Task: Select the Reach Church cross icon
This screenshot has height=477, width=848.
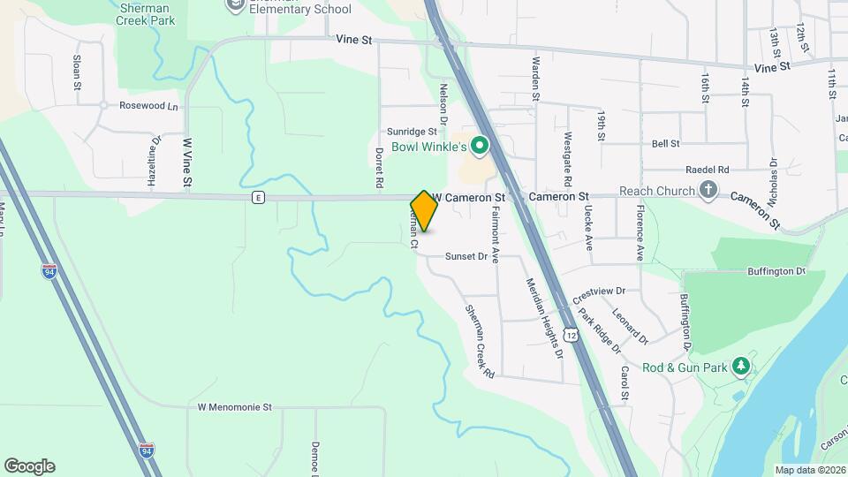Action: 708,190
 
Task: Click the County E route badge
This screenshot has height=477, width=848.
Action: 257,197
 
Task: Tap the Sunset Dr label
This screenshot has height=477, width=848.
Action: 466,256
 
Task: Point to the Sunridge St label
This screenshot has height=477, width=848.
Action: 414,131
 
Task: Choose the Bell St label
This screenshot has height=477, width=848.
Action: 665,143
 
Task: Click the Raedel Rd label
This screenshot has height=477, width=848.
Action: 707,169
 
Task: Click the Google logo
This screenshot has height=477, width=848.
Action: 29,466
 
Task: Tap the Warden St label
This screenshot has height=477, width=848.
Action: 534,79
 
